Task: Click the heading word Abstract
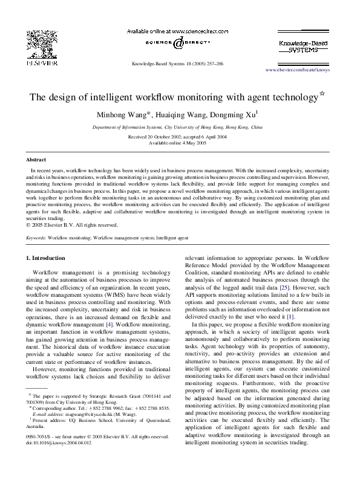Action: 36,160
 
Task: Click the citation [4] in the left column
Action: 109,324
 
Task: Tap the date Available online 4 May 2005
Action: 180,143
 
